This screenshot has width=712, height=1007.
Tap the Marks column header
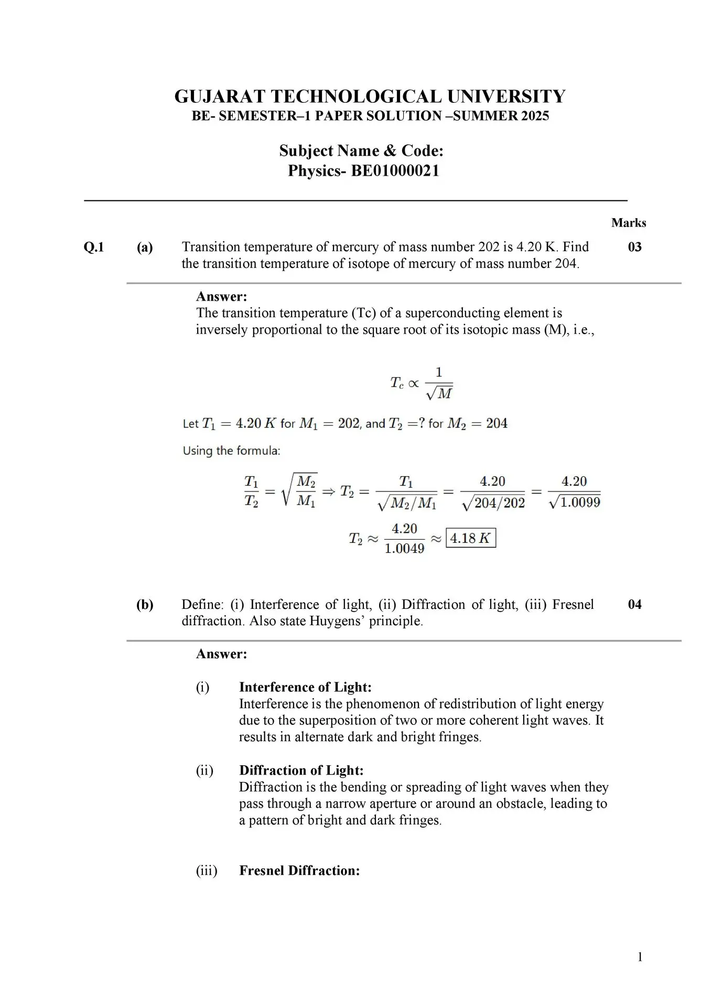[x=628, y=223]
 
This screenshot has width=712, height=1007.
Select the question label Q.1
[x=94, y=247]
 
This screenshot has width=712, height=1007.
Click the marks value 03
[x=634, y=247]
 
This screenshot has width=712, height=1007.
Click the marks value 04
[x=634, y=604]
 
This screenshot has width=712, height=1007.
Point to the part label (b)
[x=145, y=605]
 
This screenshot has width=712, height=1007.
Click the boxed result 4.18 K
[x=470, y=538]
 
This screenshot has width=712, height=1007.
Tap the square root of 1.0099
[x=574, y=502]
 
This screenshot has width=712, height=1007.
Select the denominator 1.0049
[x=404, y=549]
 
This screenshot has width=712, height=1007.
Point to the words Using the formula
[x=231, y=451]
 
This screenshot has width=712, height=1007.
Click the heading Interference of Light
[x=305, y=687]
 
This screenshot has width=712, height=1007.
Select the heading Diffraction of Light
[x=301, y=770]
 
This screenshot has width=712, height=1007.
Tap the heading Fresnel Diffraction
[x=299, y=871]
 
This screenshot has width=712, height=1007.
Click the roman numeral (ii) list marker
[x=204, y=770]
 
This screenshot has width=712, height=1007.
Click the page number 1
[x=640, y=957]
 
